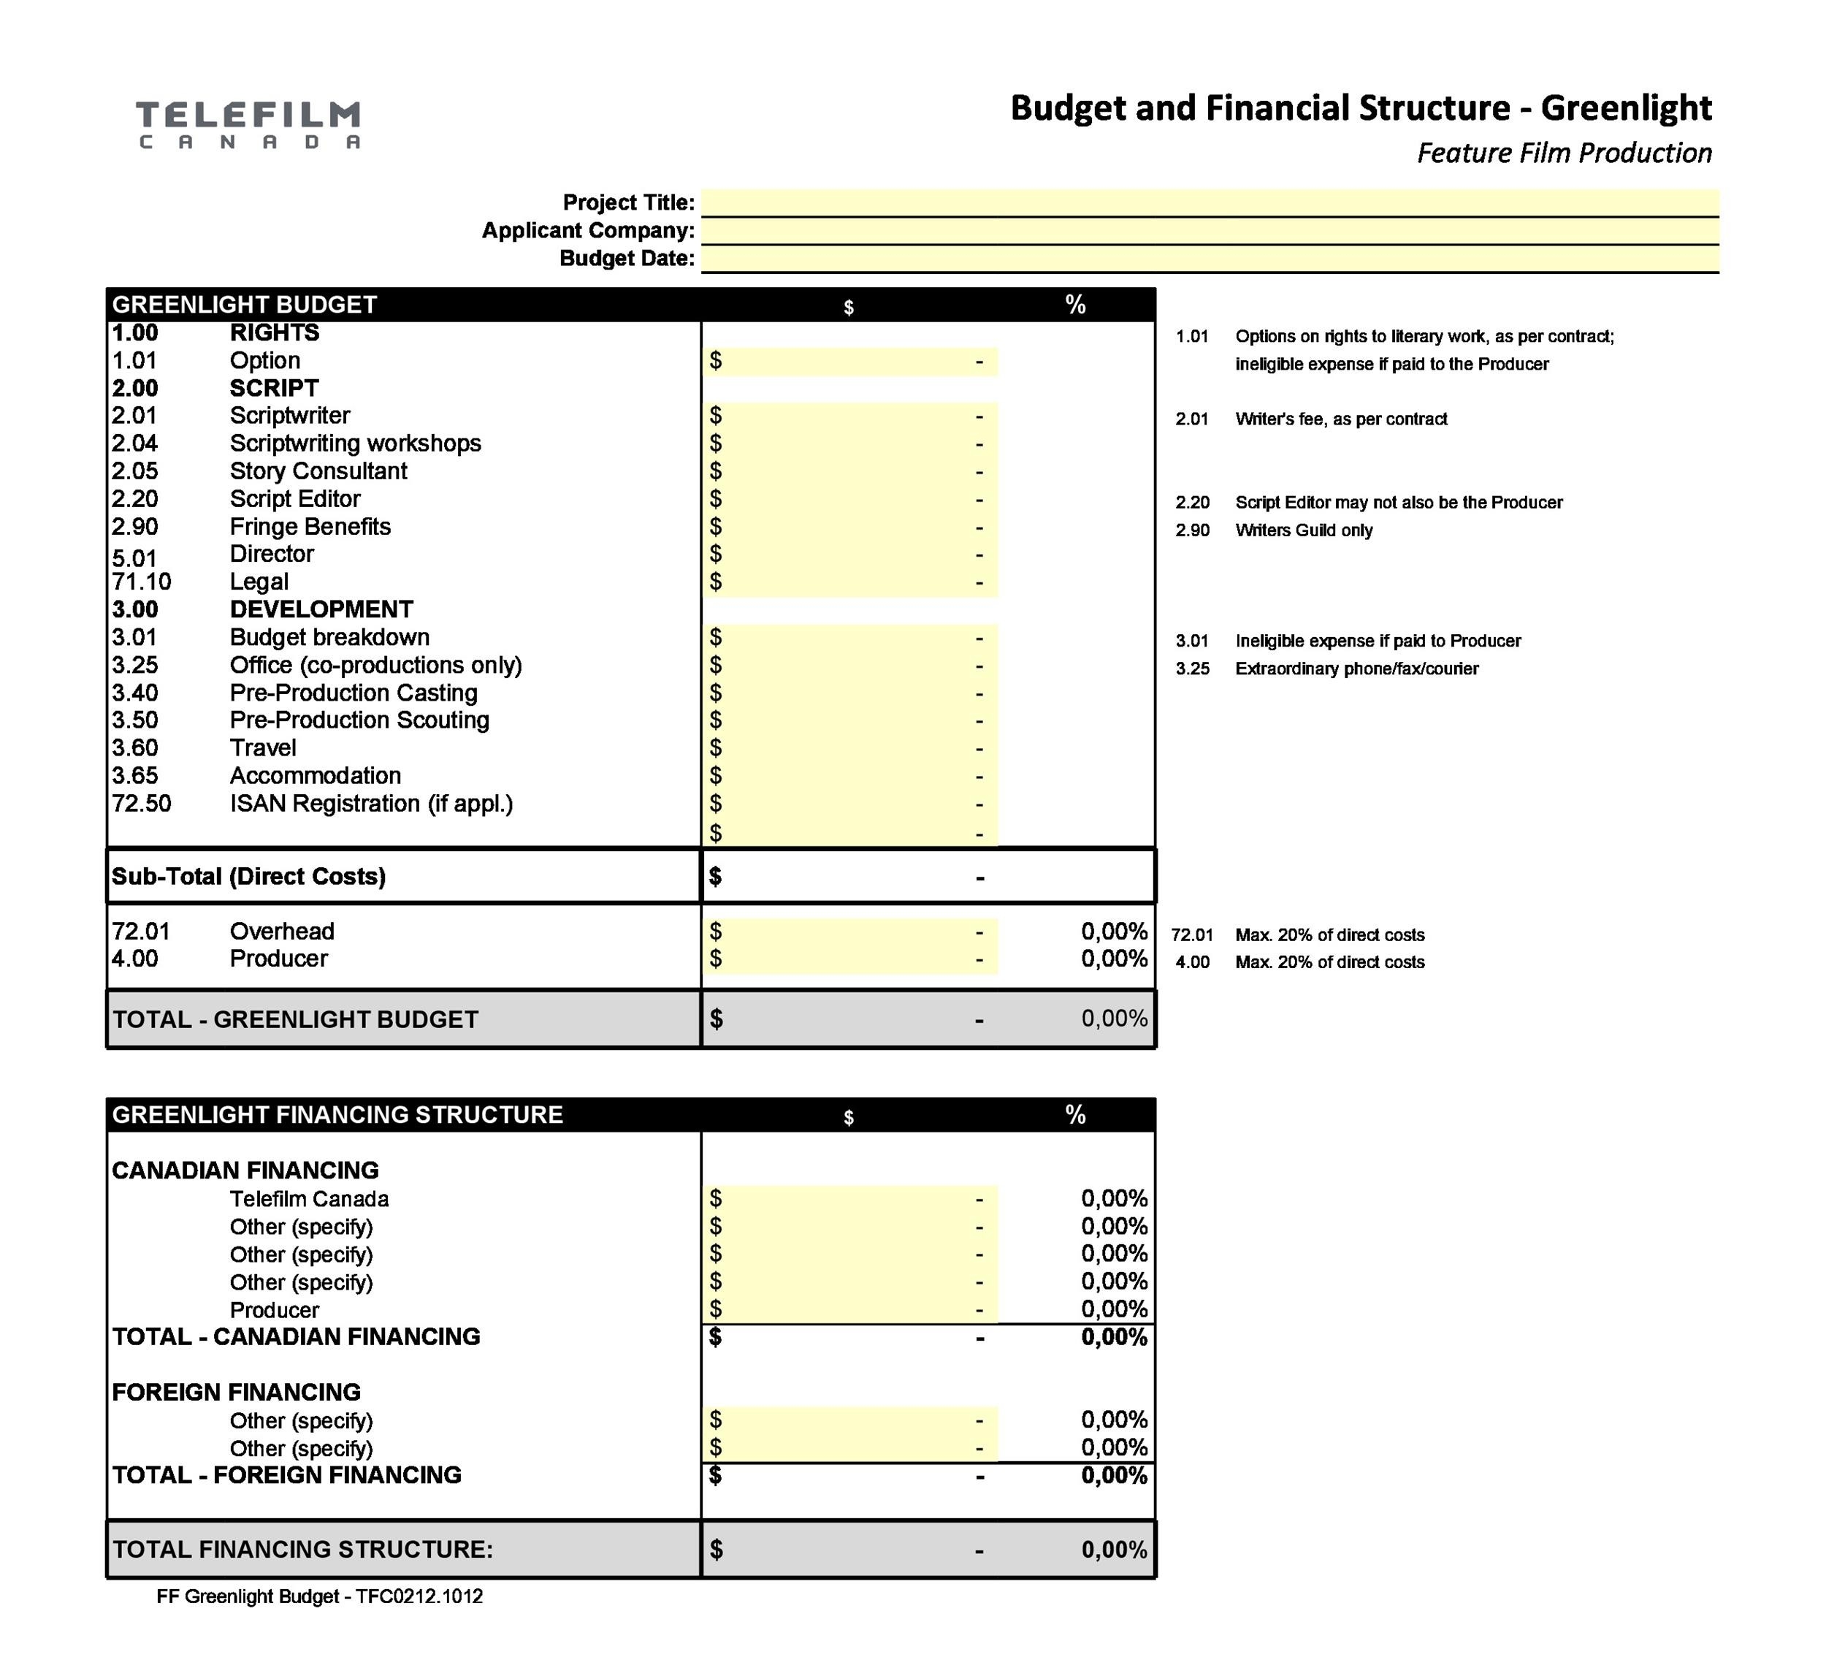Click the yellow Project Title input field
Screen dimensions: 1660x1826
click(1210, 202)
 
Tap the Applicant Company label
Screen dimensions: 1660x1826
click(588, 230)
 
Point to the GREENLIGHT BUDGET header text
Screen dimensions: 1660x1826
click(245, 305)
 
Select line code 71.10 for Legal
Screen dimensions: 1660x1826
click(141, 582)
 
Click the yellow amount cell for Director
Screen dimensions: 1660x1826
click(849, 554)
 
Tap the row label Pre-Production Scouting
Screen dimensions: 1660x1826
click(359, 720)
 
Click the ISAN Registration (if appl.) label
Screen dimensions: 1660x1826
click(371, 804)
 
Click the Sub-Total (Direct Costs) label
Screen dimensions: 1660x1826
click(248, 876)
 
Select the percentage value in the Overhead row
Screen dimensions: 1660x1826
click(1113, 932)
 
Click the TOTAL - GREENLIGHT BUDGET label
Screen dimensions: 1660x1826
click(295, 1019)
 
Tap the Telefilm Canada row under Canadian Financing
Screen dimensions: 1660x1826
click(309, 1199)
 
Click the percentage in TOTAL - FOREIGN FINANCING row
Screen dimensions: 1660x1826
click(1113, 1475)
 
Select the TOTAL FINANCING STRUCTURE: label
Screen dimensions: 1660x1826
click(302, 1550)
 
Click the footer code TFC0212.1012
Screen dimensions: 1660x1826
click(419, 1596)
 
